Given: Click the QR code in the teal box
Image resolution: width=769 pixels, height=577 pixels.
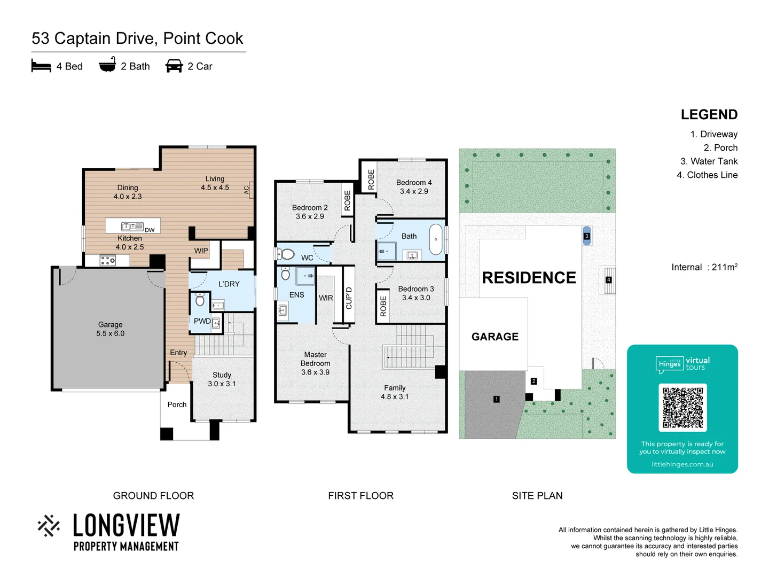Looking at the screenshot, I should point(682,407).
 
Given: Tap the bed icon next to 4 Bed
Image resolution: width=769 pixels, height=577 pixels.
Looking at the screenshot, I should point(41,66).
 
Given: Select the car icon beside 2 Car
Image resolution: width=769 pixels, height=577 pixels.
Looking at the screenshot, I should point(174,66).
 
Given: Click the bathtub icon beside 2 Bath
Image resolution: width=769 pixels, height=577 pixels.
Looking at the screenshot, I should point(107,65).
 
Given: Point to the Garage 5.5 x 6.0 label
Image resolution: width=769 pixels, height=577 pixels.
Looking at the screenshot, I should point(110,329).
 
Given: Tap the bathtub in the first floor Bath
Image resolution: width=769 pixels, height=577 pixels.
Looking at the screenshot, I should point(436,239).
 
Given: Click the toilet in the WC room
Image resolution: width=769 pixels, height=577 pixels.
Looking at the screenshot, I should point(287,254).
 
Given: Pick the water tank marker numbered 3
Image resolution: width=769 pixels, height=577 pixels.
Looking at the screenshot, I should point(586,236).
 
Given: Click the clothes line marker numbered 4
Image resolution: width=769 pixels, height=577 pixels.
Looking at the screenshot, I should point(608,280).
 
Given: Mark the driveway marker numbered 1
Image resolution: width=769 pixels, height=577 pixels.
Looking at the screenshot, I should point(496,399).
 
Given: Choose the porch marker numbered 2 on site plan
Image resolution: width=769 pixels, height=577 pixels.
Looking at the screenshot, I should point(533,381).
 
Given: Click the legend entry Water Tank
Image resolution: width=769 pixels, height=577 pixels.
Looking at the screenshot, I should point(709,161).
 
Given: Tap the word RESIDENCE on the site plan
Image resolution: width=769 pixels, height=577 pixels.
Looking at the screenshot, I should point(529,278).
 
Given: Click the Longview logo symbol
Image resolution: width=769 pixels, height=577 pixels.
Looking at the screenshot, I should point(49,526).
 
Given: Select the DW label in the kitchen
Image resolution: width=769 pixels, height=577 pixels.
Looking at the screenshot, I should point(150,230).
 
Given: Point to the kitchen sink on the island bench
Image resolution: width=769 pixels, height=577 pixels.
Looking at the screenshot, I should point(132,227).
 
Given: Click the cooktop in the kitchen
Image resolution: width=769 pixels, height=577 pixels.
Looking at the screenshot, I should point(108,261).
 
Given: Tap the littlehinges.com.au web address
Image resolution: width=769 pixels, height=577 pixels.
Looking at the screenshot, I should point(682,464).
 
